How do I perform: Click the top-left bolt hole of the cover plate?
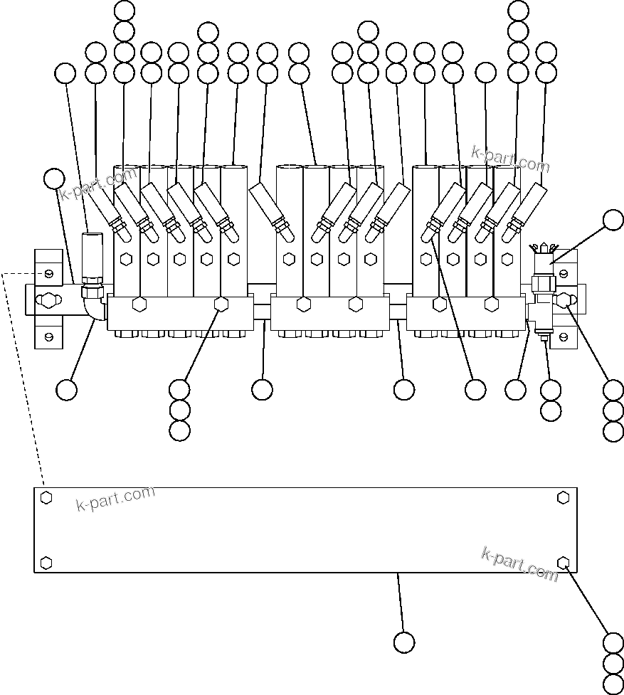[46, 497]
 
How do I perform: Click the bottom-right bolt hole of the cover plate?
[564, 563]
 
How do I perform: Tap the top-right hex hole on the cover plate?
[564, 497]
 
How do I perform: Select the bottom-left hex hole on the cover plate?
[46, 563]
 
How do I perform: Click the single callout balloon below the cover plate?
[404, 642]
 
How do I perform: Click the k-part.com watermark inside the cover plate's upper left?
[115, 499]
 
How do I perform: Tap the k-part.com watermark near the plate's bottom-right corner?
[519, 563]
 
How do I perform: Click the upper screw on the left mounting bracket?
[48, 274]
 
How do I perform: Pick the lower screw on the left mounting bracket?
[48, 334]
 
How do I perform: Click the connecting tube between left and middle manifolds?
[261, 311]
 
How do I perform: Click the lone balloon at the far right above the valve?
[613, 220]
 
